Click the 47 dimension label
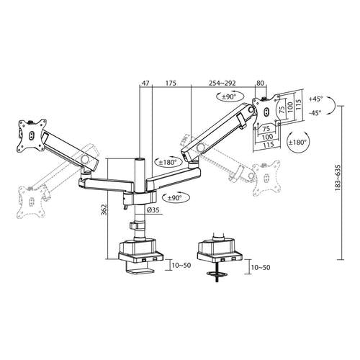click(x=146, y=84)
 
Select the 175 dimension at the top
click(x=171, y=84)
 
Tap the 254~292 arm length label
click(x=222, y=84)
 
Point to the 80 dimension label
click(x=261, y=84)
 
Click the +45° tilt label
click(x=316, y=99)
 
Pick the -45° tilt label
click(x=315, y=112)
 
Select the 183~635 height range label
click(x=338, y=178)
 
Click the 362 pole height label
click(x=104, y=210)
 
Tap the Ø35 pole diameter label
click(x=153, y=210)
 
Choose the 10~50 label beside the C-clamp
click(x=181, y=266)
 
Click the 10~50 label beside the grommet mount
click(x=261, y=267)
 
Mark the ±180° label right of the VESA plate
click(x=297, y=143)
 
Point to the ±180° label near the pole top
click(x=168, y=163)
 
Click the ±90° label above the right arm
click(x=229, y=97)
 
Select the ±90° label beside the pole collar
click(x=175, y=198)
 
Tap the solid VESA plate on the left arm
click(x=31, y=135)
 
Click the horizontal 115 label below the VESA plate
click(x=268, y=145)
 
